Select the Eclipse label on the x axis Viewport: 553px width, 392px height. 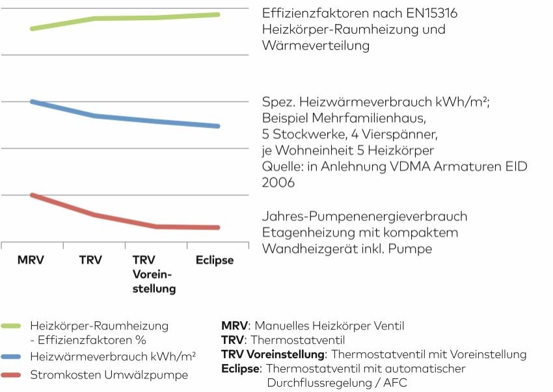point(215,260)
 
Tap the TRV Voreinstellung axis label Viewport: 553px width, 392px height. point(154,274)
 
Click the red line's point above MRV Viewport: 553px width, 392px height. point(32,195)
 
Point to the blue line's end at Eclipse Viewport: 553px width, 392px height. point(218,126)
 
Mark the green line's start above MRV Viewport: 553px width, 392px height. point(32,29)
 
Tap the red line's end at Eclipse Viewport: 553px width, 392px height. point(218,228)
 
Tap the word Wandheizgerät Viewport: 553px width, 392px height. point(303,248)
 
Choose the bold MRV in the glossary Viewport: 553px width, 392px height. point(234,325)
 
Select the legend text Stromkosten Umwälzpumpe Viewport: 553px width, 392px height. point(109,375)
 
